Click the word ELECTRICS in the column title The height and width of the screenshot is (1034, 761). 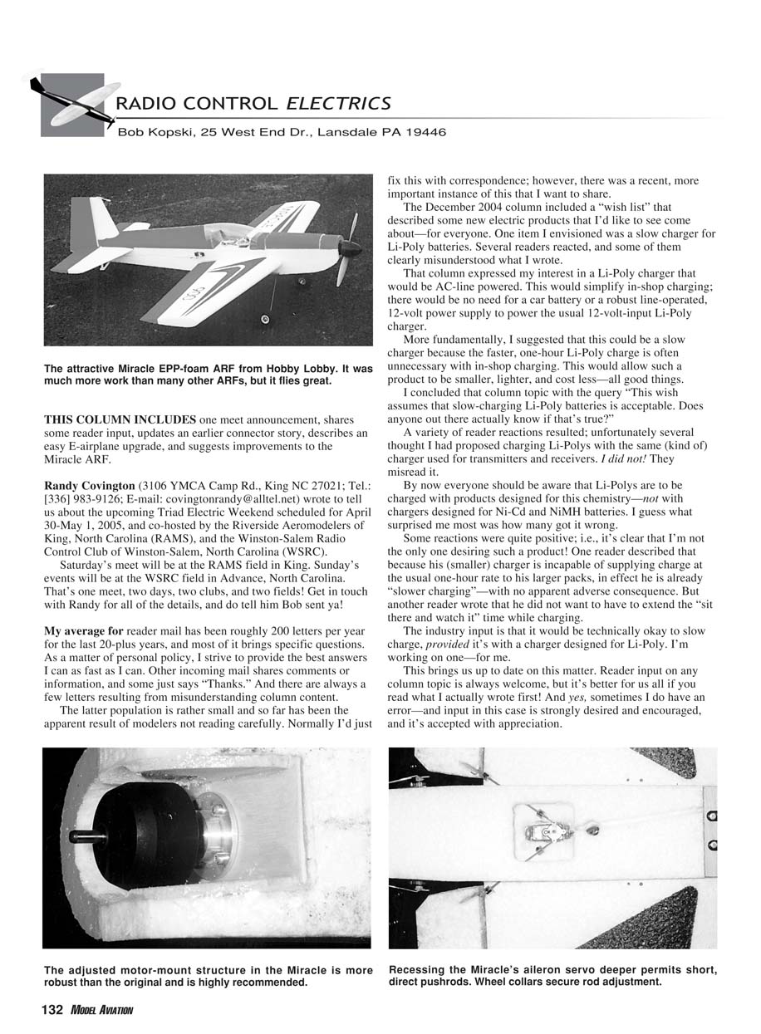[x=338, y=104]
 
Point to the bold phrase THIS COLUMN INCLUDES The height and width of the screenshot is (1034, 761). [x=120, y=419]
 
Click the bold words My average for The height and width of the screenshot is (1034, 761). [x=82, y=631]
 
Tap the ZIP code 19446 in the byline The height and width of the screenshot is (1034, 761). [x=423, y=132]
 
